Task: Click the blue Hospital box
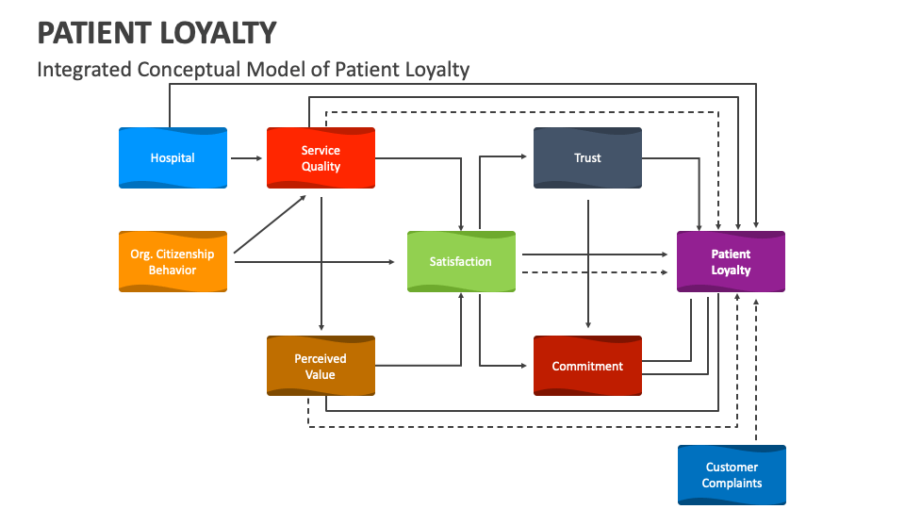(x=173, y=157)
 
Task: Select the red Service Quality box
(x=321, y=157)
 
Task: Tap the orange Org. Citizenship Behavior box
(x=173, y=261)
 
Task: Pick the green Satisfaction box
(x=461, y=261)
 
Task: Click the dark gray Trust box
(x=587, y=157)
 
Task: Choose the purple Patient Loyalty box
(x=731, y=261)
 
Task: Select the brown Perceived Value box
(x=321, y=366)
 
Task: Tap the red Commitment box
(x=587, y=366)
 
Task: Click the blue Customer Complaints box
(x=732, y=475)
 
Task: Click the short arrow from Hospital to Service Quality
(x=246, y=158)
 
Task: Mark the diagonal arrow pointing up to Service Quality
(x=270, y=224)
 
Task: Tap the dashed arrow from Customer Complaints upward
(x=757, y=377)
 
